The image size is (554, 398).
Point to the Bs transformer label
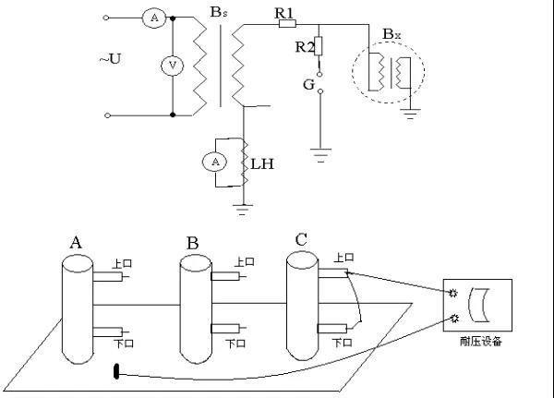(218, 13)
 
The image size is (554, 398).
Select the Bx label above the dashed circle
(392, 35)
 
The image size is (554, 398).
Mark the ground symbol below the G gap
(319, 155)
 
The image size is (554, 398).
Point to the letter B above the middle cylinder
(192, 243)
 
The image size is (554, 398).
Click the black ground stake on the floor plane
(116, 372)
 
